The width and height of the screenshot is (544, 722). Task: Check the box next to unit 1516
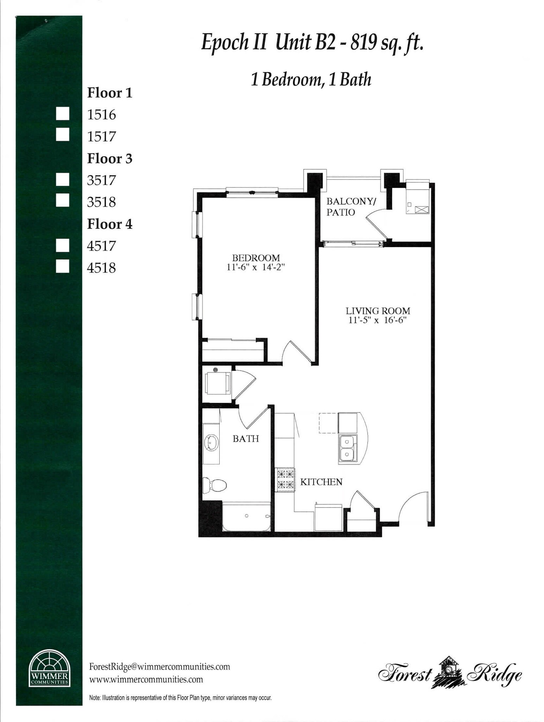click(62, 114)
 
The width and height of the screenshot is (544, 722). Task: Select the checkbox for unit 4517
click(62, 245)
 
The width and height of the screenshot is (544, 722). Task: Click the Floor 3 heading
click(110, 159)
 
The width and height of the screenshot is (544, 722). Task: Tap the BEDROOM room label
click(256, 258)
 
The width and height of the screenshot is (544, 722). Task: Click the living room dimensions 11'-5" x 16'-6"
click(377, 320)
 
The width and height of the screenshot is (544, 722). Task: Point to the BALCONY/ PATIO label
click(350, 207)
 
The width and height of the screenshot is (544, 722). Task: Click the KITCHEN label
click(321, 482)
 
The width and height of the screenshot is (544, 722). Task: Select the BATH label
click(246, 439)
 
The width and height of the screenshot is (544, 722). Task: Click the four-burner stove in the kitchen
click(285, 480)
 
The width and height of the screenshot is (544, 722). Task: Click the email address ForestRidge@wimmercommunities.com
click(160, 667)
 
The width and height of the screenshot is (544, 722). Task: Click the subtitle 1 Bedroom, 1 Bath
click(311, 80)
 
